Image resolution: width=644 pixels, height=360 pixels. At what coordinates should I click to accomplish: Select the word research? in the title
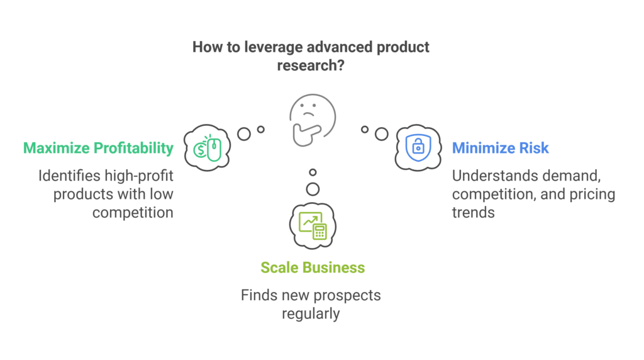[x=311, y=65]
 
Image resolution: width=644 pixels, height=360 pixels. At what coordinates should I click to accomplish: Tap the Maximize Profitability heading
[x=98, y=148]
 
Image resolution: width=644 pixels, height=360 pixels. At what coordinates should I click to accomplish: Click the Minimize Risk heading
[x=500, y=148]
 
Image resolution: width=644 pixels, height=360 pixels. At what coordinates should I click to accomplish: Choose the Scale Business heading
[x=313, y=267]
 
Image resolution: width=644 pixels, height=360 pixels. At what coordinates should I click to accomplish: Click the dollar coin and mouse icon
[x=208, y=149]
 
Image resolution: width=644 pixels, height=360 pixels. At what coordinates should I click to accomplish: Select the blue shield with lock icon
[x=418, y=147]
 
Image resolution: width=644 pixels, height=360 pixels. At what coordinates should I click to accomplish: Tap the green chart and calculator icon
[x=313, y=225]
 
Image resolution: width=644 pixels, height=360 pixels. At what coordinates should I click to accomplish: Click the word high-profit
[x=139, y=176]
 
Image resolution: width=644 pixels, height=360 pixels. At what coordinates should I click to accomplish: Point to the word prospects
[x=347, y=295]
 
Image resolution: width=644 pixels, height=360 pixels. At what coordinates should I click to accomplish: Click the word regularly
[x=311, y=314]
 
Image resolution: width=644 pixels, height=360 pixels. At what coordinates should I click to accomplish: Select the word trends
[x=473, y=213]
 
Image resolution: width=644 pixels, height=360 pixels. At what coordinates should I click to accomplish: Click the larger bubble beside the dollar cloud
[x=244, y=134]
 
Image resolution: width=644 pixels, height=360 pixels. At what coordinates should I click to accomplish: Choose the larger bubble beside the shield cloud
[x=382, y=134]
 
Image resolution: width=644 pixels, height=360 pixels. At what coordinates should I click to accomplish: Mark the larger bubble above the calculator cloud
[x=313, y=189]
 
